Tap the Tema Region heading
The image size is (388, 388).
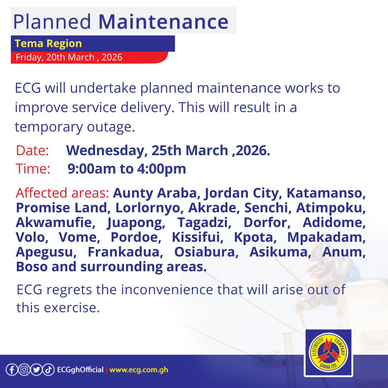tap(48, 44)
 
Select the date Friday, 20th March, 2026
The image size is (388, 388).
tap(69, 57)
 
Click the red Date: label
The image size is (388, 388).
tap(32, 151)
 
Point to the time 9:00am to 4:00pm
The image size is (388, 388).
tap(127, 169)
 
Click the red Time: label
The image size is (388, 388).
tap(33, 169)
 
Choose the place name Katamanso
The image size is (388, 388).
tap(326, 193)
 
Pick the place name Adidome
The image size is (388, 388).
tap(334, 223)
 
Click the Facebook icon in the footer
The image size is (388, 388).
tap(11, 370)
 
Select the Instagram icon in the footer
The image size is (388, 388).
tap(24, 370)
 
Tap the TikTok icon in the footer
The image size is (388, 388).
tap(48, 370)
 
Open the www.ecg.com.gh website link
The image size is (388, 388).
tap(139, 370)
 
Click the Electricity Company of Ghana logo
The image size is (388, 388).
tap(328, 353)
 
